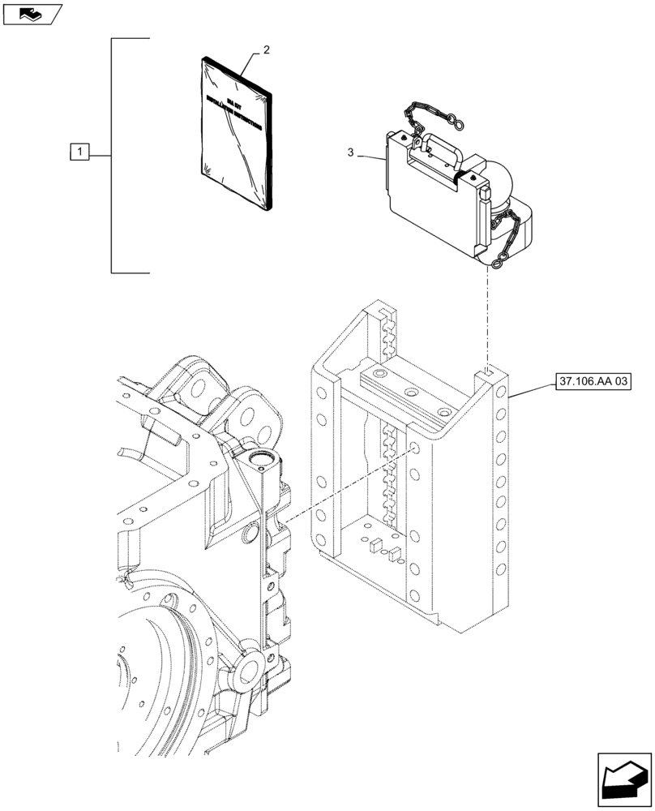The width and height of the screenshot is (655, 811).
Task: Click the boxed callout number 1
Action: [79, 151]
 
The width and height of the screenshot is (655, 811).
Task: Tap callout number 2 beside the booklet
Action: [267, 50]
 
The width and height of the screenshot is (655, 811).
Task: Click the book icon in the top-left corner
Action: [31, 14]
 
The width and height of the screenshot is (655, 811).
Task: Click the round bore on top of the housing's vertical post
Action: [261, 462]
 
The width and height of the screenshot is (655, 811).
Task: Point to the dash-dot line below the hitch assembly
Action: [487, 316]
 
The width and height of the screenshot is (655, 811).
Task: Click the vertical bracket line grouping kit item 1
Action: [111, 154]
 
